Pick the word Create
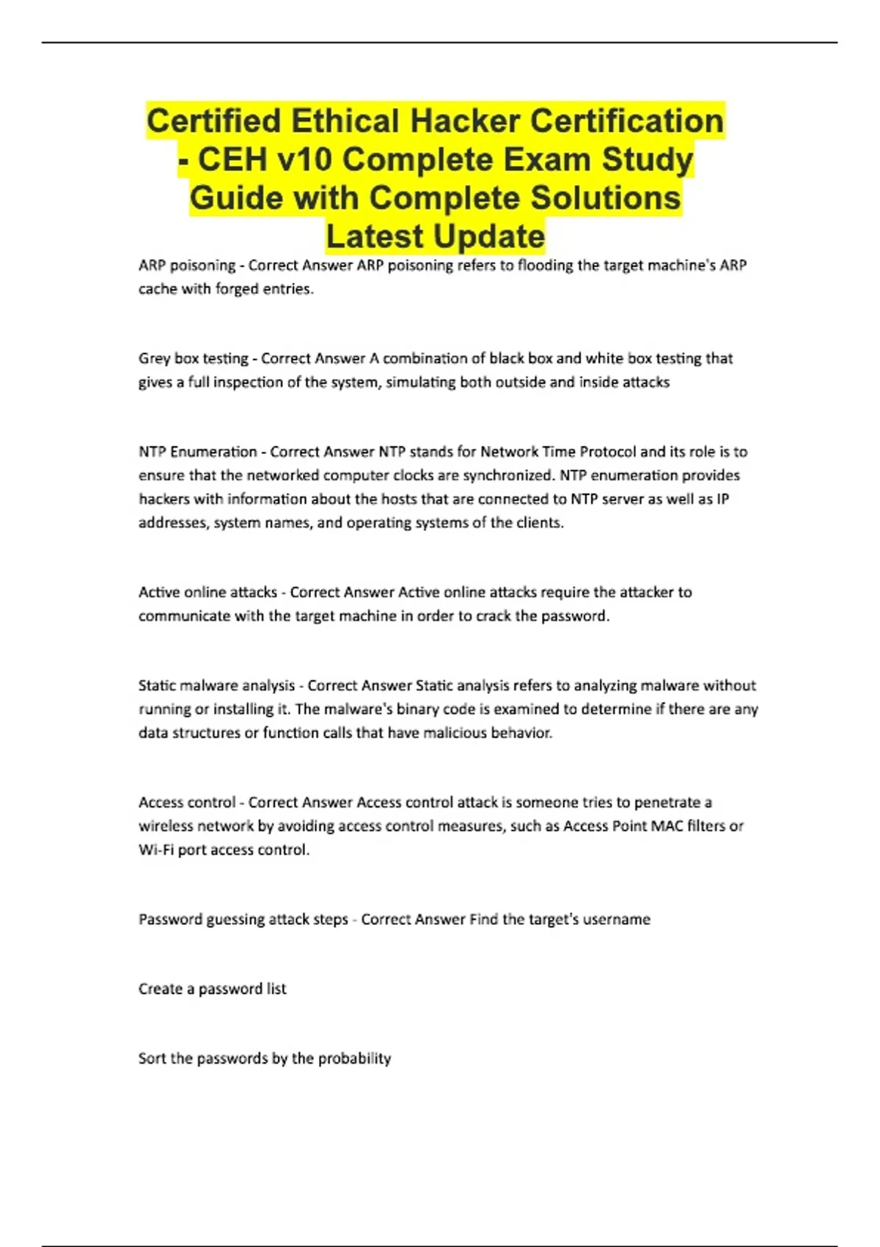(160, 989)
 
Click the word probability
(354, 1058)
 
